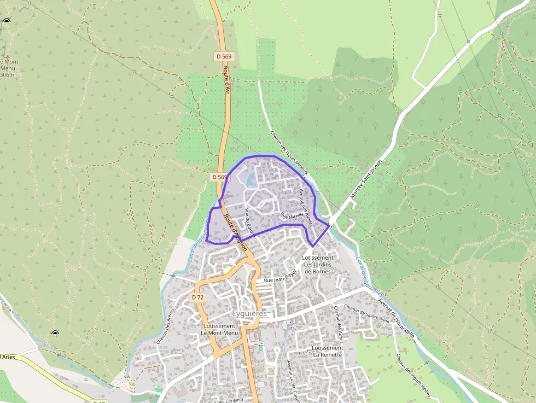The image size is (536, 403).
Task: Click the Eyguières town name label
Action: pyautogui.click(x=249, y=314)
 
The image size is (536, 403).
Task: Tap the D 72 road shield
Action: pyautogui.click(x=198, y=297)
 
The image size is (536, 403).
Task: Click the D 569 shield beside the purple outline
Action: pyautogui.click(x=219, y=177)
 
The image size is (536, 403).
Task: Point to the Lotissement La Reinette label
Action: pyautogui.click(x=327, y=351)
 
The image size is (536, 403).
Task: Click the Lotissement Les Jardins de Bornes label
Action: pyautogui.click(x=318, y=264)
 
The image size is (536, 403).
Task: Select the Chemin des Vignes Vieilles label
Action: pyautogui.click(x=415, y=376)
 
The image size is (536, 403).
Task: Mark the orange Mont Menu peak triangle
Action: pyautogui.click(x=8, y=56)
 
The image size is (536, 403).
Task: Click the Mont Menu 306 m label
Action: pyautogui.click(x=9, y=68)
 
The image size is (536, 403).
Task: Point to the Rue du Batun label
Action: pyautogui.click(x=250, y=219)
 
